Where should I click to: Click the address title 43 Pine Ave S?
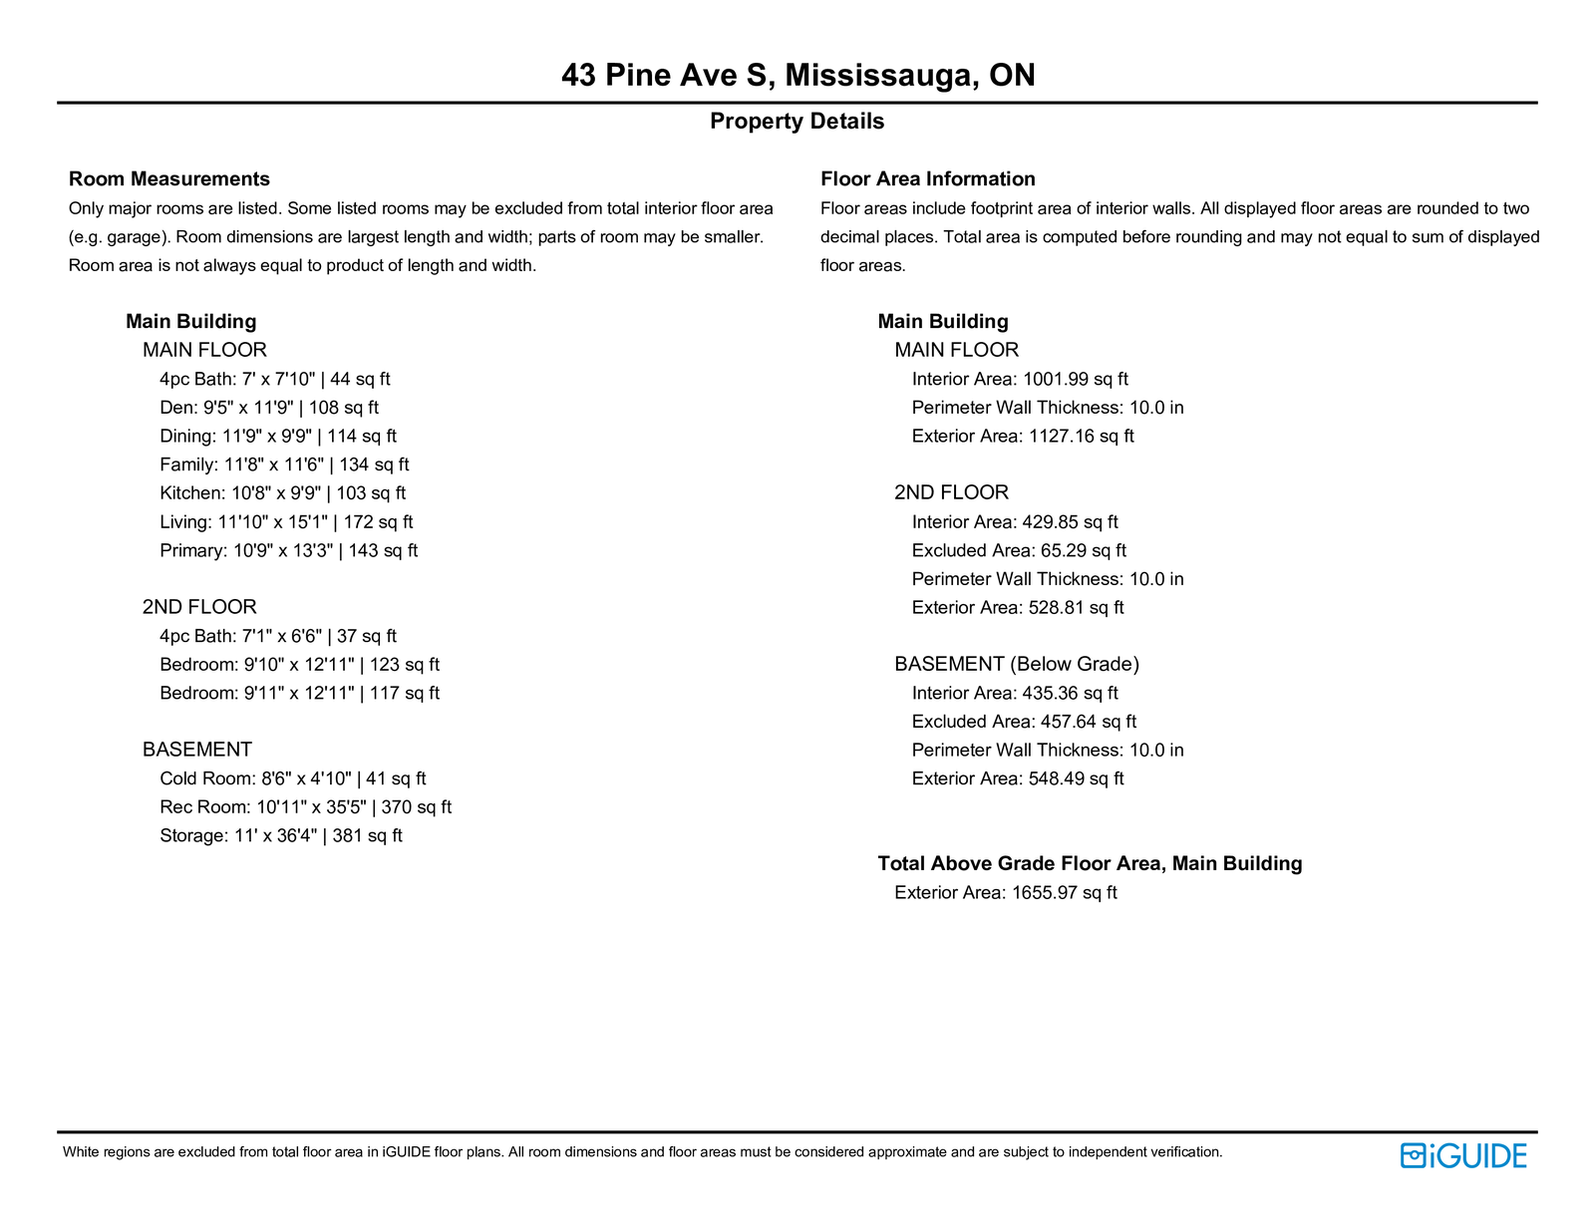pyautogui.click(x=797, y=75)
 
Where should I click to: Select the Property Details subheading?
pyautogui.click(x=797, y=122)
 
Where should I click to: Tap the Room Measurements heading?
pyautogui.click(x=169, y=179)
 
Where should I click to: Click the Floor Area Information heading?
pyautogui.click(x=927, y=179)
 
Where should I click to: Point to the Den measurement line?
pyautogui.click(x=269, y=408)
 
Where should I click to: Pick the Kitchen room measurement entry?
pyautogui.click(x=282, y=493)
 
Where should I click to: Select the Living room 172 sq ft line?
pyautogui.click(x=286, y=522)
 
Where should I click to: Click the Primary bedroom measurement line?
pyautogui.click(x=288, y=551)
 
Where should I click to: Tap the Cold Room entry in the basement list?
pyautogui.click(x=292, y=779)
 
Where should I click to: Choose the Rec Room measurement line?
pyautogui.click(x=305, y=807)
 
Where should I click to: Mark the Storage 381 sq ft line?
pyautogui.click(x=280, y=836)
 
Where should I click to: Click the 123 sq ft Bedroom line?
pyautogui.click(x=299, y=665)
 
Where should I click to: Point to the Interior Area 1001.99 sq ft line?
pyautogui.click(x=1020, y=380)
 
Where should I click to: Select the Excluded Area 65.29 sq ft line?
pyautogui.click(x=1019, y=551)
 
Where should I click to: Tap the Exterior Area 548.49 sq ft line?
pyautogui.click(x=1018, y=779)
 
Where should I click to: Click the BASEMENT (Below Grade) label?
pyautogui.click(x=1017, y=665)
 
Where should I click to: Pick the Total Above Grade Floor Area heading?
pyautogui.click(x=1090, y=864)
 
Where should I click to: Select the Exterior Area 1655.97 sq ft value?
pyautogui.click(x=1006, y=893)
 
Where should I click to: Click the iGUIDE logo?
pyautogui.click(x=1463, y=1156)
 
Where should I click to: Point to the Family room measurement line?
pyautogui.click(x=284, y=465)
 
